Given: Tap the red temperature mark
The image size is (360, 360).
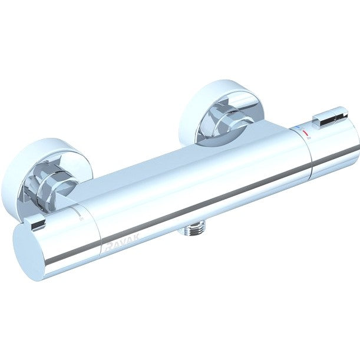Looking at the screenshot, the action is click(x=305, y=133).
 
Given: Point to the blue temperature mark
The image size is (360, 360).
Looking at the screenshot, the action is click(x=298, y=127).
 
